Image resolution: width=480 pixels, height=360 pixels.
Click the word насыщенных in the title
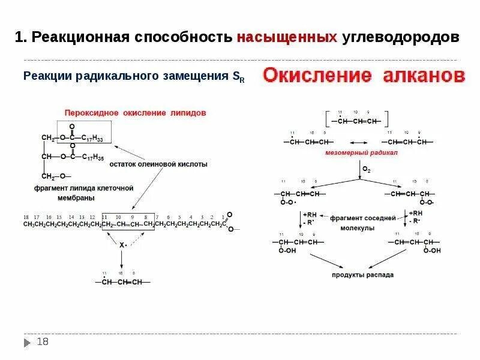[x=286, y=37]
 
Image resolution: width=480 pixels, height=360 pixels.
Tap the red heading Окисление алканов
[x=364, y=76]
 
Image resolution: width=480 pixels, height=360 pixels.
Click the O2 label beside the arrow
[x=366, y=170]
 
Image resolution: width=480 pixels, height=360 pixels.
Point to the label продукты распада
[x=363, y=275]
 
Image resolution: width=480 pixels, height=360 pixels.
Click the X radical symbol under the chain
[x=121, y=245]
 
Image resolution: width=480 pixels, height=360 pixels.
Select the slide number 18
[x=43, y=342]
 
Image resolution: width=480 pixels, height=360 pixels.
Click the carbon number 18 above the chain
[x=26, y=216]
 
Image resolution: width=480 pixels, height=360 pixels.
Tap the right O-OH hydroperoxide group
[x=432, y=251]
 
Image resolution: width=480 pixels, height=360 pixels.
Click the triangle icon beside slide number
[x=27, y=343]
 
